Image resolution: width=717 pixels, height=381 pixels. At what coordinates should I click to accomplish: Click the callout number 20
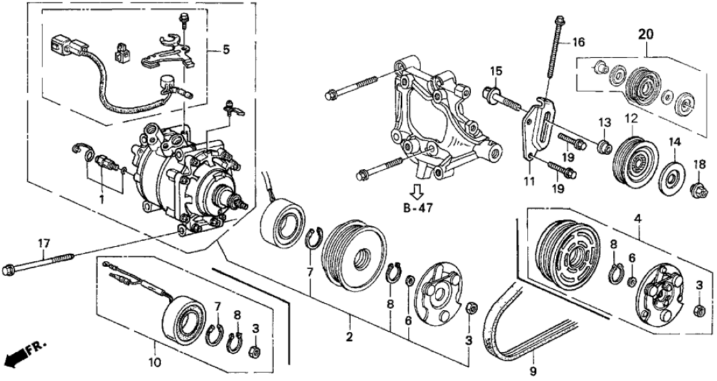click(x=646, y=33)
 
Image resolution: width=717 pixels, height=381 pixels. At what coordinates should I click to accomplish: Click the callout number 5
click(x=225, y=50)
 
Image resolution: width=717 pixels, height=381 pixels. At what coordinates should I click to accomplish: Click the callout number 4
click(x=639, y=219)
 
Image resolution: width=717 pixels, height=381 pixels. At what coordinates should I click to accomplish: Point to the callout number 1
click(x=101, y=200)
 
